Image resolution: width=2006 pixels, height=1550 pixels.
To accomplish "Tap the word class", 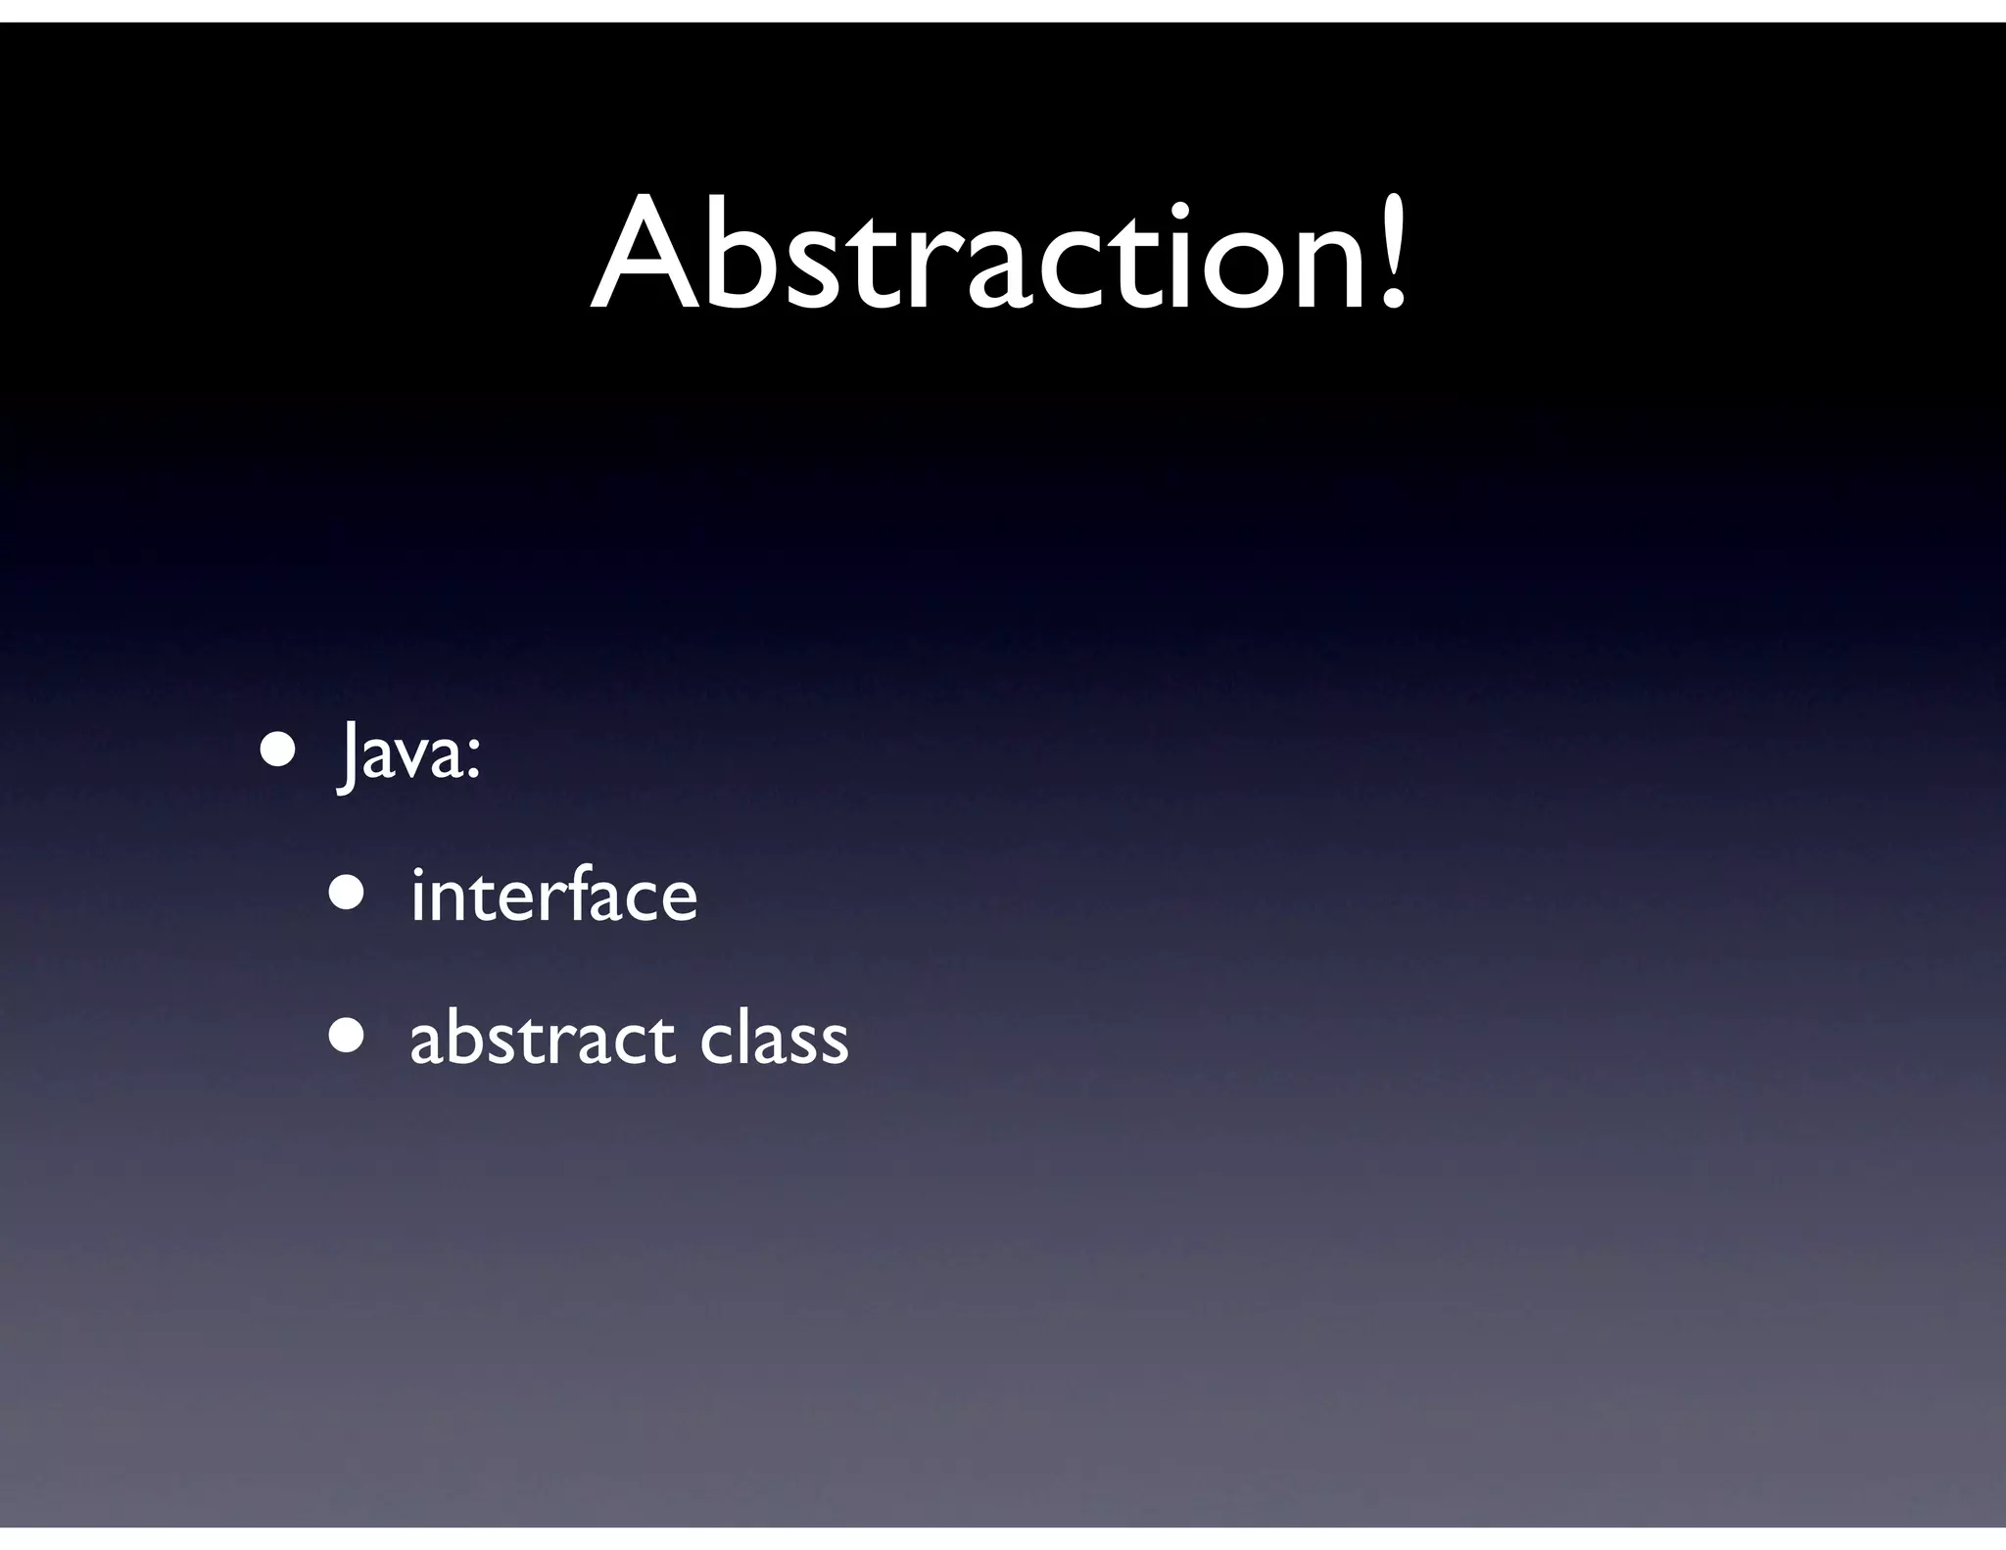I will click(774, 1038).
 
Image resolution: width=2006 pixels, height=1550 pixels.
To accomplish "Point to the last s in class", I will click(834, 1042).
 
